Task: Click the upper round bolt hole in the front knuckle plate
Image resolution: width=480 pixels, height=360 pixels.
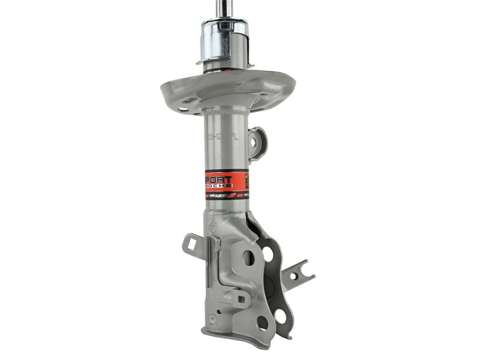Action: (x=248, y=258)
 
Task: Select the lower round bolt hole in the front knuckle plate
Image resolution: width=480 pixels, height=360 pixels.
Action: (x=262, y=322)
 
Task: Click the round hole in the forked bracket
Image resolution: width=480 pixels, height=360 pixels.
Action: (x=293, y=277)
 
